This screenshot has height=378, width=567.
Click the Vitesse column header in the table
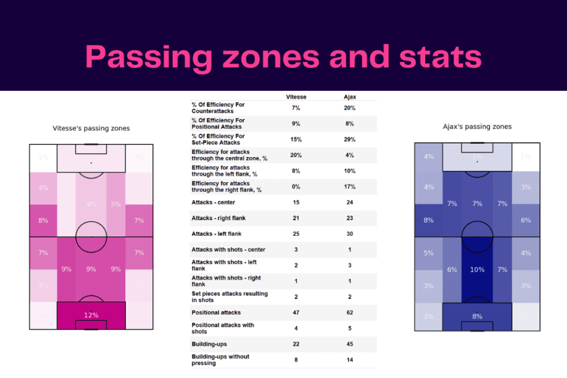pos(296,97)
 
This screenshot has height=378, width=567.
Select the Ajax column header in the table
pos(350,97)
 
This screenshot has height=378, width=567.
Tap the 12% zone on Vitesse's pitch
pos(91,315)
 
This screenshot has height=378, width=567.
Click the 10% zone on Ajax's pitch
pos(477,270)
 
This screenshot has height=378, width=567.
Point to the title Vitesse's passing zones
pos(91,128)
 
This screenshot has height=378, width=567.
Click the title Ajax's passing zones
pos(477,127)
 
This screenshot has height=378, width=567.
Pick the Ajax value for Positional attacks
pos(350,313)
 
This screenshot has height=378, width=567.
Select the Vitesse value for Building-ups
pos(296,344)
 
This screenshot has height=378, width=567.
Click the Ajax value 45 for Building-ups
pos(350,344)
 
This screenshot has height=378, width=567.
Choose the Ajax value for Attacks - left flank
pos(350,234)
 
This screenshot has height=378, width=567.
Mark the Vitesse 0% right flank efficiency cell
pos(296,187)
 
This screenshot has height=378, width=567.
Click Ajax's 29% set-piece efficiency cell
pos(350,139)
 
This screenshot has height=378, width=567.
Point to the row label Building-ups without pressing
pos(220,360)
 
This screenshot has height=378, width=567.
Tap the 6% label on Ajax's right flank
pos(525,220)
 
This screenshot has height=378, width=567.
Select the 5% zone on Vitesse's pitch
pos(116,204)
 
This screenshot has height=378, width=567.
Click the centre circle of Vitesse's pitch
pos(91,236)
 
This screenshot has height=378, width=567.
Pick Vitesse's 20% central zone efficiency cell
pos(296,155)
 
